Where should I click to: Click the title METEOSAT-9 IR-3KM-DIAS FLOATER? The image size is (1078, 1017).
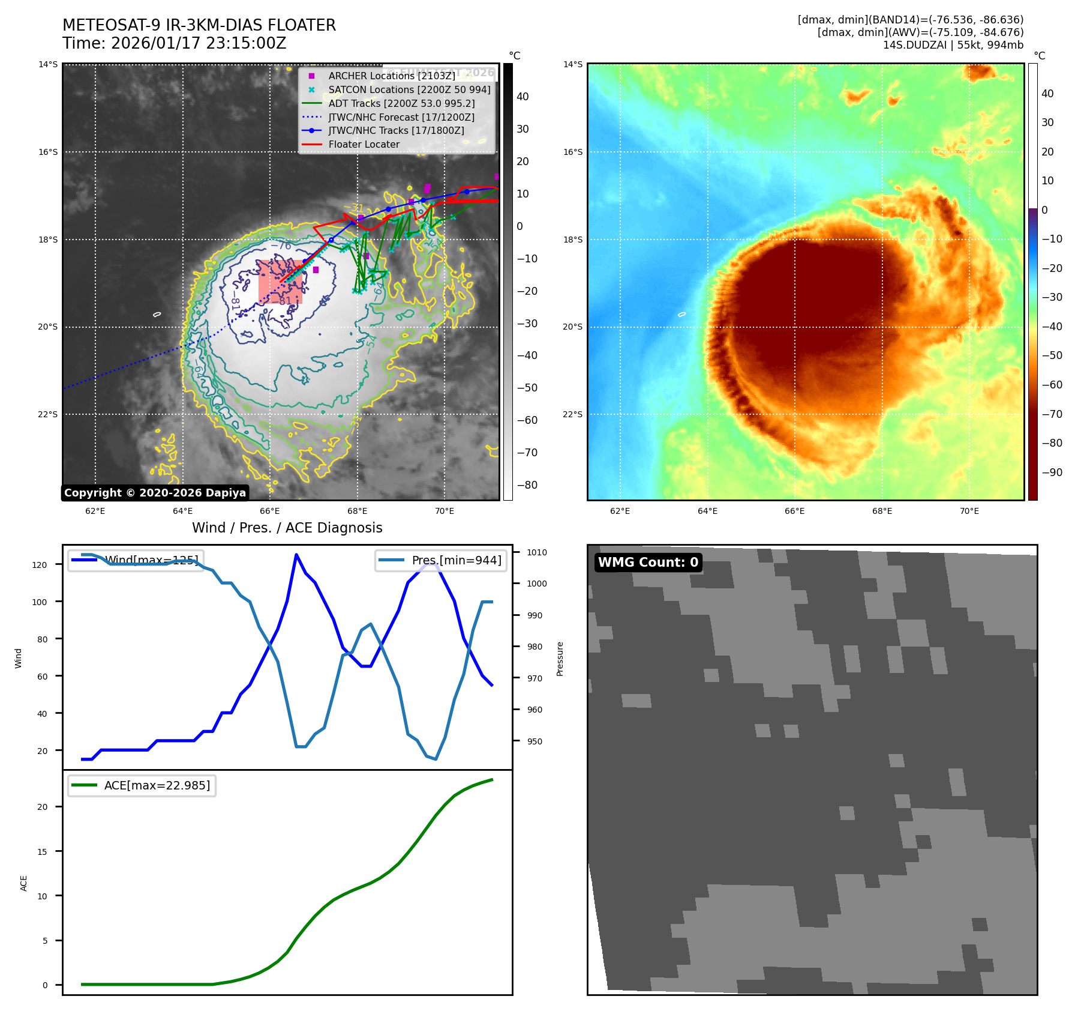(199, 25)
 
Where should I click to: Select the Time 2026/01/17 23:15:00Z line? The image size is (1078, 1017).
(175, 44)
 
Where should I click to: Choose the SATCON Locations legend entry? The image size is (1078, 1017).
(409, 89)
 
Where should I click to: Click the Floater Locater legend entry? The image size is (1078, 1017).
(364, 144)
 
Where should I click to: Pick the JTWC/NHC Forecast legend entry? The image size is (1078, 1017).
(401, 117)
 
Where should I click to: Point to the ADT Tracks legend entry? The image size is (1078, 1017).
(401, 103)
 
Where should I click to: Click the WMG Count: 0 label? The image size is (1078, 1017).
(648, 563)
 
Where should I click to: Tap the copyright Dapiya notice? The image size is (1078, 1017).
(155, 493)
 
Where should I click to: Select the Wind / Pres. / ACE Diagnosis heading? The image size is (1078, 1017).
(287, 528)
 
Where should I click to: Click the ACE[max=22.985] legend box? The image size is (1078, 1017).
(142, 785)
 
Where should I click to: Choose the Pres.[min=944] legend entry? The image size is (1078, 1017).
(440, 560)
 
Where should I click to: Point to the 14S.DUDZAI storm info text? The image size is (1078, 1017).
(953, 45)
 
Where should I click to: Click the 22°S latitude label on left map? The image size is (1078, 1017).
(49, 414)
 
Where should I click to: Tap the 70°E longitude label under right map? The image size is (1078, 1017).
(969, 511)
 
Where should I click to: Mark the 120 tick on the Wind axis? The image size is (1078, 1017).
(40, 564)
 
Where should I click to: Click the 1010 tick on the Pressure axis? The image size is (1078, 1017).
(537, 552)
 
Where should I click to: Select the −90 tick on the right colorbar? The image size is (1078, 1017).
(1052, 472)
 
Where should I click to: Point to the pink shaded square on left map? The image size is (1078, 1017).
(281, 281)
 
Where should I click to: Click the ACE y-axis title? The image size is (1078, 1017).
(24, 883)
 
